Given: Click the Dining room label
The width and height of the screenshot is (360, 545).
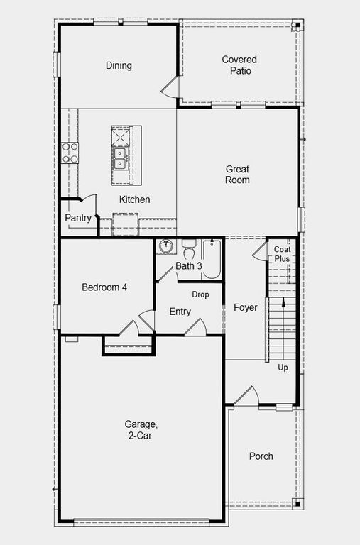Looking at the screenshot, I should (119, 66).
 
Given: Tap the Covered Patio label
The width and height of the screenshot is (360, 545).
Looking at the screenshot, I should (239, 65).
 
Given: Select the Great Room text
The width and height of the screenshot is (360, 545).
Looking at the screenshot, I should (237, 175).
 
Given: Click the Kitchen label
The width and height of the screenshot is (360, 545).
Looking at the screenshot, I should (134, 199).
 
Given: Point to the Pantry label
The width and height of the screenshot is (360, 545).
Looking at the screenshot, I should (78, 218).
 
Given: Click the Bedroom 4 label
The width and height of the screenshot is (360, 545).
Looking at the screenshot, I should (104, 287).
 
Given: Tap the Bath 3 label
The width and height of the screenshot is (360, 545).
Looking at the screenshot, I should (189, 266).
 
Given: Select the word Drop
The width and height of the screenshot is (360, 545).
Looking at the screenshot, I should (200, 294).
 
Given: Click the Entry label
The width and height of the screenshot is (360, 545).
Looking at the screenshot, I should (180, 312).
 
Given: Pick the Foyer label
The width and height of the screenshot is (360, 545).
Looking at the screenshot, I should (246, 307).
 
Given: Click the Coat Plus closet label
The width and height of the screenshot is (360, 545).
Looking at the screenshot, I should (282, 254).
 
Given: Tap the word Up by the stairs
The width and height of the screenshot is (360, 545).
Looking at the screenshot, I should (283, 368).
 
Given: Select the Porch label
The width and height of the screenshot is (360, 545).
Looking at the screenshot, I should (261, 456).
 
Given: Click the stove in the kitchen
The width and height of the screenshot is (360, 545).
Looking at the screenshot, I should (70, 153).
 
